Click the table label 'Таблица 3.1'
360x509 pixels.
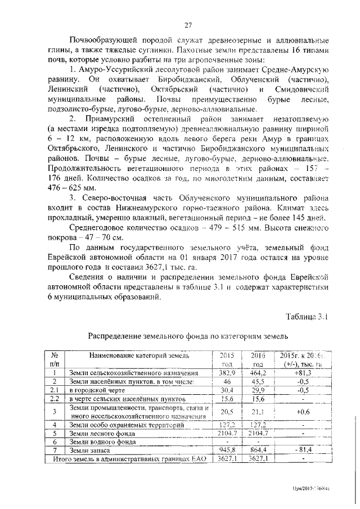[x=307, y=317]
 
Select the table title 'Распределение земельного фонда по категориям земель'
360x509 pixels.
[x=188, y=336]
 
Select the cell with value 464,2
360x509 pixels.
[x=256, y=372]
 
